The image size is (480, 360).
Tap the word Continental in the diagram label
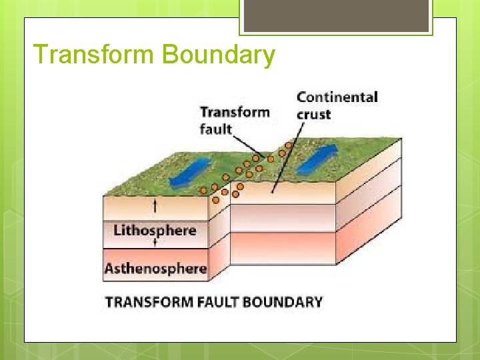point(337,97)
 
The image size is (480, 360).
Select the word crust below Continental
point(314,114)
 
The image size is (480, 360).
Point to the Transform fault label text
point(235,119)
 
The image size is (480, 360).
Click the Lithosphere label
point(155,231)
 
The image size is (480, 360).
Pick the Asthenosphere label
point(155,269)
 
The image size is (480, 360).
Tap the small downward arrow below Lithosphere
point(155,244)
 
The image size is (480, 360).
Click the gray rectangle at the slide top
point(335,15)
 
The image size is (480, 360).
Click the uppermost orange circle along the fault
point(289,145)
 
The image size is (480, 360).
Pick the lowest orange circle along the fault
point(215,199)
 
